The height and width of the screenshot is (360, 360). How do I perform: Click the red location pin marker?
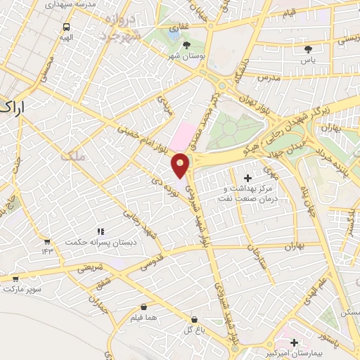pyautogui.click(x=181, y=166)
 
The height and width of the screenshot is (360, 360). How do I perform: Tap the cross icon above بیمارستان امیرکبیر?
pyautogui.click(x=293, y=342)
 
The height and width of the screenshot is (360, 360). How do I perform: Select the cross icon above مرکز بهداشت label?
pyautogui.click(x=247, y=179)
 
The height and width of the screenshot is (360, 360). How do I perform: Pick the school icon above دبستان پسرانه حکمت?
pyautogui.click(x=101, y=231)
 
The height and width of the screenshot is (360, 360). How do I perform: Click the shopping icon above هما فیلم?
pyautogui.click(x=144, y=307)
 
